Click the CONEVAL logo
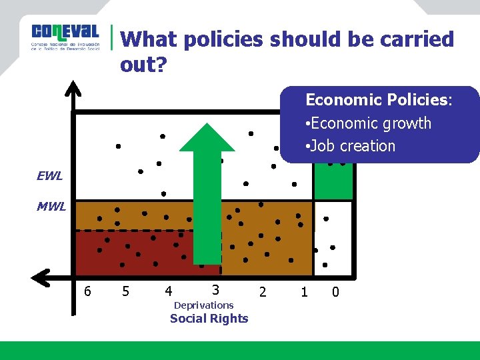65,37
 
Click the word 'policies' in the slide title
223,39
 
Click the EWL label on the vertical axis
50,177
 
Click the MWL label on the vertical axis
51,207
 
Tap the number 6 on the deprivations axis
87,291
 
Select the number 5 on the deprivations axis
125,291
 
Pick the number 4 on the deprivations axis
168,291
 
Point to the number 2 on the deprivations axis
263,291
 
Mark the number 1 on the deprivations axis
304,291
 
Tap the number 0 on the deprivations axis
335,291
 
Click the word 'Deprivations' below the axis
203,305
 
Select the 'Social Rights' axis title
209,319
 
